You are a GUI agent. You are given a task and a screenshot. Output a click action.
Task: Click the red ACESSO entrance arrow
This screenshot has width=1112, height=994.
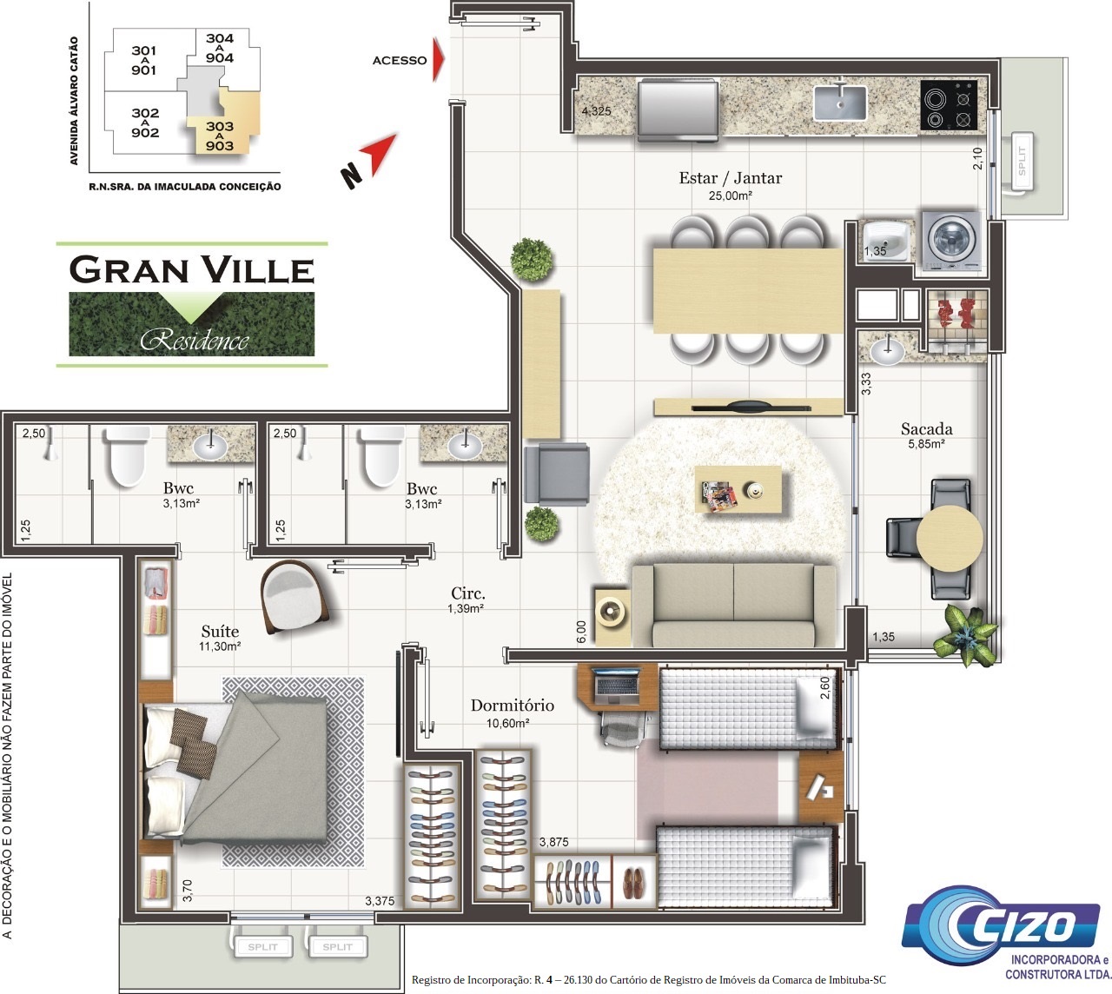[439, 60]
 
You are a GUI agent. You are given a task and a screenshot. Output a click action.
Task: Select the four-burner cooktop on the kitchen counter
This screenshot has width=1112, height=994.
[949, 105]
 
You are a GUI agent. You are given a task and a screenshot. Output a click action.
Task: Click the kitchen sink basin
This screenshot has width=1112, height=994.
[840, 103]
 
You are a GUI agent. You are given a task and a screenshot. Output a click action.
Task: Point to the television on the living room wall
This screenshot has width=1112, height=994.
[751, 407]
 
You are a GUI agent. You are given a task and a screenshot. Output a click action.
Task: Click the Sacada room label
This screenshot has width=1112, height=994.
[926, 428]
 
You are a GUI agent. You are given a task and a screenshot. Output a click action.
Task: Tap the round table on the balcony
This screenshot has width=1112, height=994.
[950, 539]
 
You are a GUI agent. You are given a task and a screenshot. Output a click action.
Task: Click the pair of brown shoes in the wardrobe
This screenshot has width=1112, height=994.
[634, 882]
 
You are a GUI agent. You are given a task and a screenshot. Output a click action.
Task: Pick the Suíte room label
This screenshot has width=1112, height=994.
[220, 631]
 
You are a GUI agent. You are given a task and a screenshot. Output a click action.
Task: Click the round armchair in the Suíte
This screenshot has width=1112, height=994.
[294, 597]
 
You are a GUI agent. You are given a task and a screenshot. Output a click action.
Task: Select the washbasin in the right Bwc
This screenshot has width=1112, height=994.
[465, 446]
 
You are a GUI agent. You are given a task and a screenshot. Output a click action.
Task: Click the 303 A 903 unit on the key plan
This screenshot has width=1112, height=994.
[220, 136]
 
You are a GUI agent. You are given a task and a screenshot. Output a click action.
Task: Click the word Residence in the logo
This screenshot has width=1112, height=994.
[195, 341]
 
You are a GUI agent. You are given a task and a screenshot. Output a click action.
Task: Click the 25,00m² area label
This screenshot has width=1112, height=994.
[730, 195]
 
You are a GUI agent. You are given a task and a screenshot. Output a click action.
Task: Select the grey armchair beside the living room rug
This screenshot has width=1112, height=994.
[557, 474]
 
